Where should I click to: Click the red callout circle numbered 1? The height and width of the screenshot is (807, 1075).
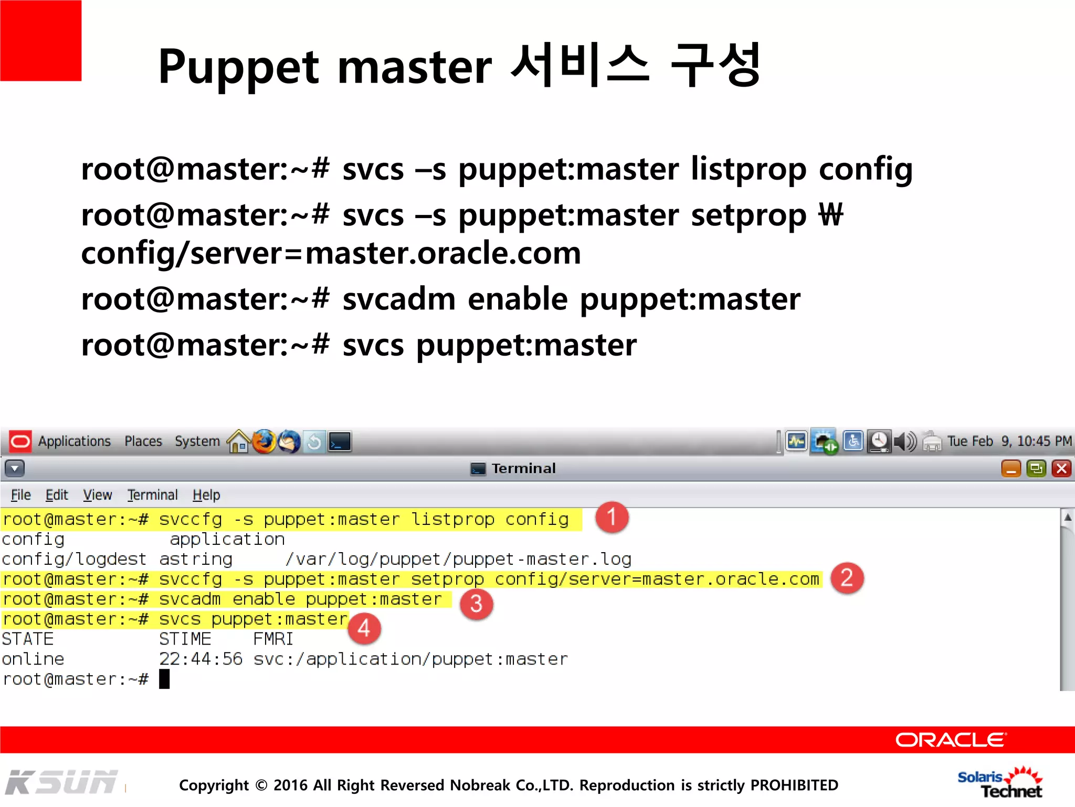[612, 517]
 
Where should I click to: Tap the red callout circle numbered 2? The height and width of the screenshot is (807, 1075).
[847, 578]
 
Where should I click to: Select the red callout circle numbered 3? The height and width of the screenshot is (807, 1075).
[476, 604]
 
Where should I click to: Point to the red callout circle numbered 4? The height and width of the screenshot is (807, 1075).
[364, 628]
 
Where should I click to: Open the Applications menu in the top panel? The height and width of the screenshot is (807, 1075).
[74, 441]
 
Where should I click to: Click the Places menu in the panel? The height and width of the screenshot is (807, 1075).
[143, 441]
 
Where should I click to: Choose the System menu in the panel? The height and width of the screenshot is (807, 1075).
[197, 441]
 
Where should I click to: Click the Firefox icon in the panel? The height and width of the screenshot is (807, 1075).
[264, 442]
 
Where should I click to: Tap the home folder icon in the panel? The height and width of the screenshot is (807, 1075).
[239, 442]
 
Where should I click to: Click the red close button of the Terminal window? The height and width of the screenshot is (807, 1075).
[1061, 468]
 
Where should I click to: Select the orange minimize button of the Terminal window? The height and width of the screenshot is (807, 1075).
[1011, 468]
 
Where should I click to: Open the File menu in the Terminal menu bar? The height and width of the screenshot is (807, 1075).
[21, 495]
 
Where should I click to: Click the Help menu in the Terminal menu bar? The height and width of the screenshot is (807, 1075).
[206, 495]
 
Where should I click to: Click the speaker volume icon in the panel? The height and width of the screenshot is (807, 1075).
[905, 442]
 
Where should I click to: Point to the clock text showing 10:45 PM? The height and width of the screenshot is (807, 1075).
[1044, 441]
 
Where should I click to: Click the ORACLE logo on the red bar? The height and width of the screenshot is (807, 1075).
[950, 740]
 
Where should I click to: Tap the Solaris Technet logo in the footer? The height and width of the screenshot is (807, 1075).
[1000, 783]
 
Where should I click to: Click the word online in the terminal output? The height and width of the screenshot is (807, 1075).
[33, 659]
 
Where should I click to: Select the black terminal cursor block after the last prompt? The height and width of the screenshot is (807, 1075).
[164, 679]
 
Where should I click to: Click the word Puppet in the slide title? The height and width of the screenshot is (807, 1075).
[238, 67]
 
